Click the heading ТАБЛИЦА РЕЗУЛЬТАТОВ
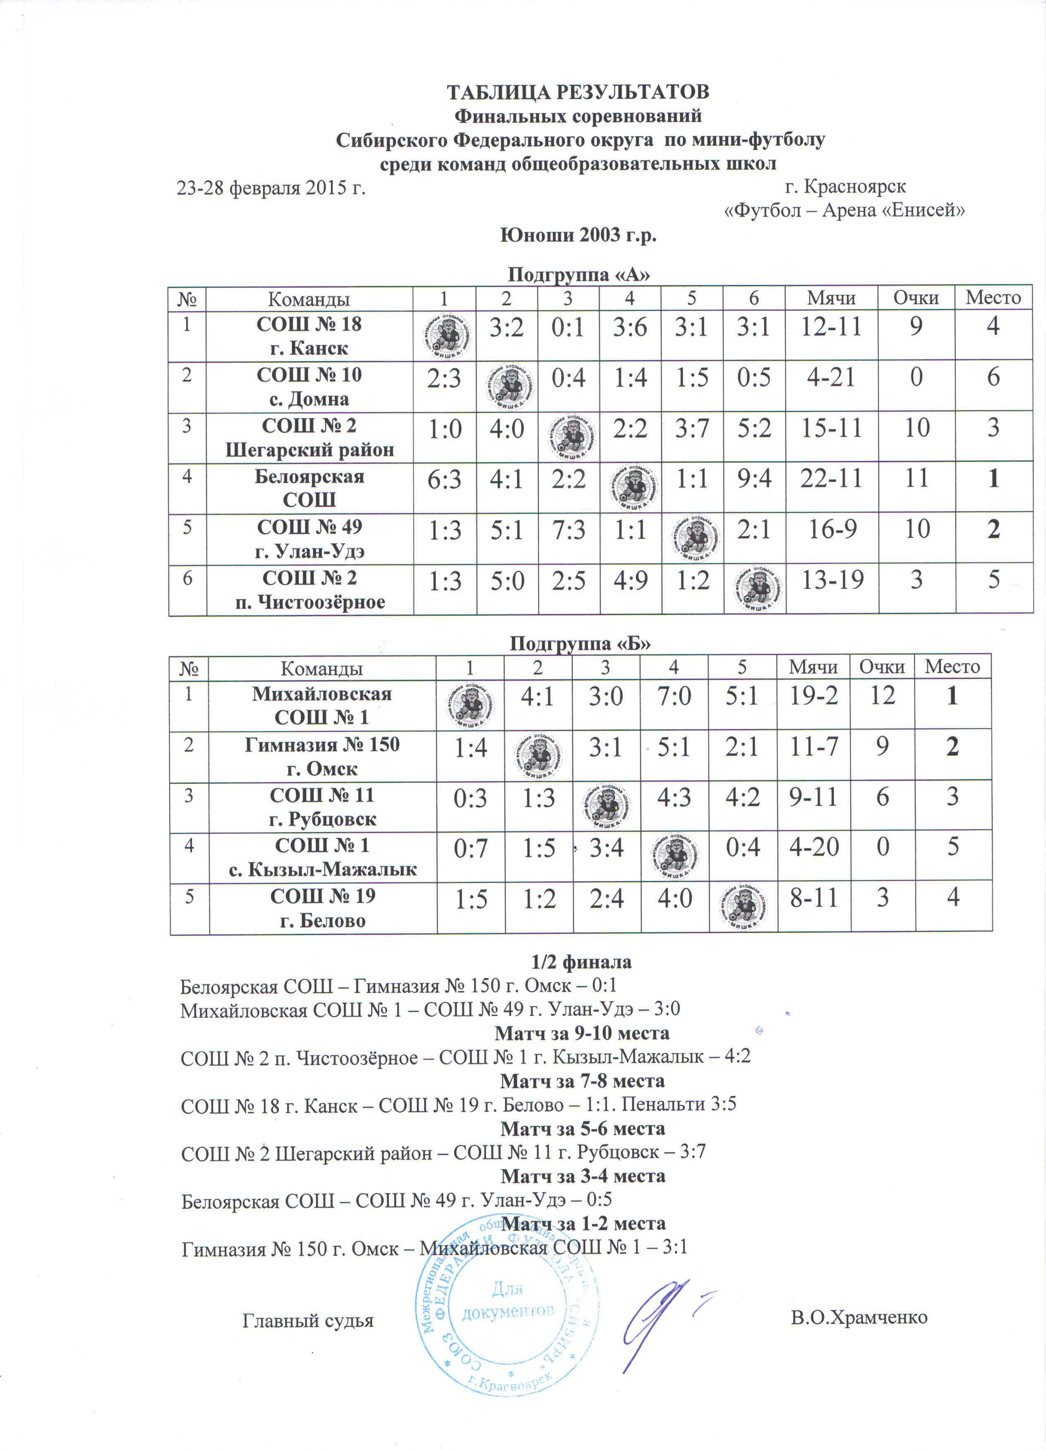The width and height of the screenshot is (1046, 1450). [x=577, y=92]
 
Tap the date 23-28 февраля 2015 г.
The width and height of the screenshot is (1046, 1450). [x=271, y=187]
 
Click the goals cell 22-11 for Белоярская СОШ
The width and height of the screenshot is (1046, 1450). [x=831, y=478]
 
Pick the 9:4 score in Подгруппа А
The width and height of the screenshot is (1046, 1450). [x=754, y=478]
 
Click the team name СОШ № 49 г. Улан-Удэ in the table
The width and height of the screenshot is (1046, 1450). [x=309, y=538]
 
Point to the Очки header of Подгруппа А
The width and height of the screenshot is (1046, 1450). [x=916, y=298]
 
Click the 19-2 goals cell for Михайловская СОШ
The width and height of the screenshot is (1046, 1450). [x=813, y=696]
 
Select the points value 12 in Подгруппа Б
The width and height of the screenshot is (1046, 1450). [x=882, y=696]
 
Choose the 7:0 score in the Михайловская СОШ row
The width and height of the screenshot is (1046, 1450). [x=674, y=696]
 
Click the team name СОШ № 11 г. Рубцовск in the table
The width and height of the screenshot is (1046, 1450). [x=322, y=807]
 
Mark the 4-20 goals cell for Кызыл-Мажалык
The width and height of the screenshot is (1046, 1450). [x=813, y=847]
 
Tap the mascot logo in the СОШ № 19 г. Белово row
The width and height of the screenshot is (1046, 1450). [x=744, y=907]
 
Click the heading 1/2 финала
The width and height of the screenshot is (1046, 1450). [x=581, y=962]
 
